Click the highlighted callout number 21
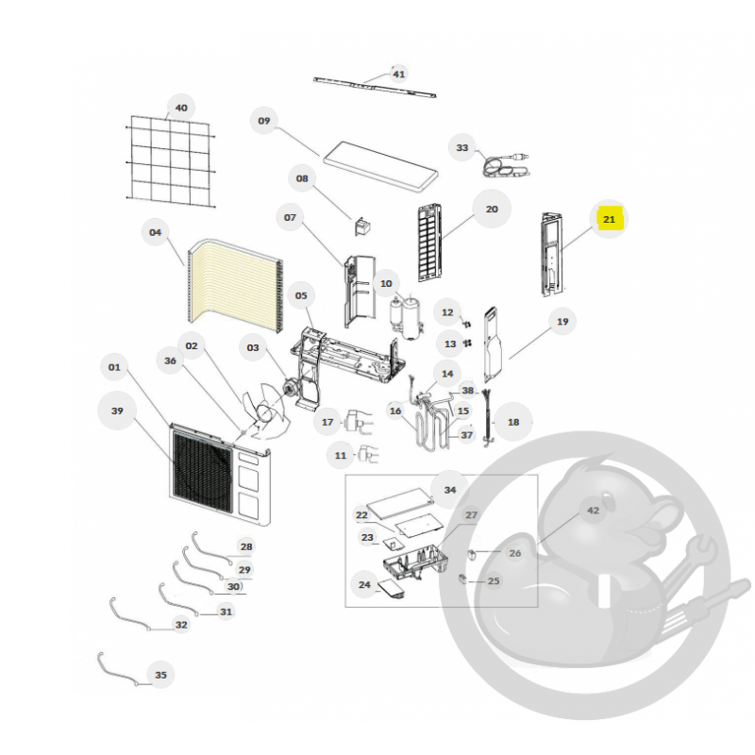[609, 220]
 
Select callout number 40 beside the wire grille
[181, 108]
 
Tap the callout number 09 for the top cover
[264, 121]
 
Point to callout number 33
[462, 148]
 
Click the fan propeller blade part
[266, 411]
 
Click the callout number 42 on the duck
[594, 511]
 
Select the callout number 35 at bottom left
[160, 675]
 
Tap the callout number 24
[364, 584]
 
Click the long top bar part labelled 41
[375, 87]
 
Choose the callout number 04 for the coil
[155, 232]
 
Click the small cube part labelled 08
[362, 226]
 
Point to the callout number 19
[562, 322]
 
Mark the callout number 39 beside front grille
[117, 411]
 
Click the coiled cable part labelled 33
[506, 166]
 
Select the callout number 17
[327, 422]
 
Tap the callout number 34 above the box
[450, 490]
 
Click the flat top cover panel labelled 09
[380, 167]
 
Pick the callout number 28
[246, 546]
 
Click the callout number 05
[301, 295]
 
